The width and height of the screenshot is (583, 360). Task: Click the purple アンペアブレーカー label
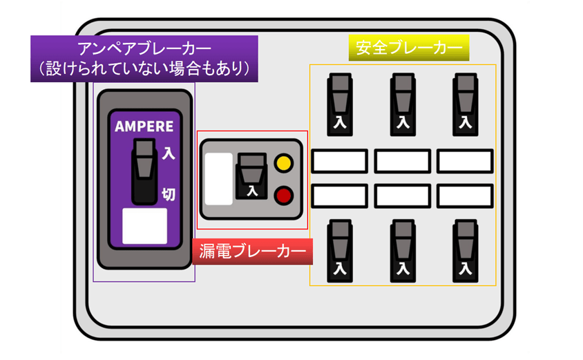[x=144, y=59]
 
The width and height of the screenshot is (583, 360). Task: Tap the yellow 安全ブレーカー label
[x=409, y=48]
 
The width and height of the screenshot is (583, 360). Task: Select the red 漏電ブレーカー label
[x=252, y=252]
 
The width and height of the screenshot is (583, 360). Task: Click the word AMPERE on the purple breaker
[x=144, y=126]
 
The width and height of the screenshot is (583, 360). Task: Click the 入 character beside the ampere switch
[x=168, y=154]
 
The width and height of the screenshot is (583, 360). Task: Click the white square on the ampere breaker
[x=144, y=226]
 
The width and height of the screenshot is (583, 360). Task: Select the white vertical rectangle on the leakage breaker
[x=219, y=179]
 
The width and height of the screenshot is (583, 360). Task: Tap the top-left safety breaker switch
[x=339, y=103]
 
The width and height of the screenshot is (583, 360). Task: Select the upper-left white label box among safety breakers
[x=338, y=161]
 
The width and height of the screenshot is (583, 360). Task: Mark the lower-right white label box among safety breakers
[x=464, y=196]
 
